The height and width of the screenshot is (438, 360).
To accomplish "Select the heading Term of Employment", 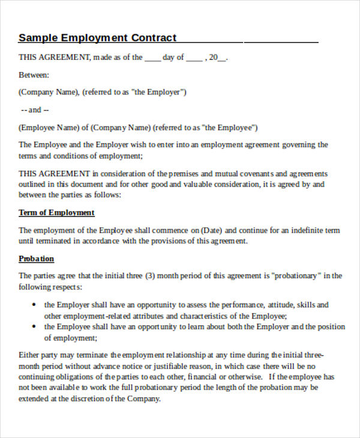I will tap(56, 212).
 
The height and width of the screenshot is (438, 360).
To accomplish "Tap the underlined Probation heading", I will tap(36, 259).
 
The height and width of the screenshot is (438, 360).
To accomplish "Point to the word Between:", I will tap(34, 75).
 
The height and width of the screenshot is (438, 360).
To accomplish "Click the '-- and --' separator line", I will tap(35, 110).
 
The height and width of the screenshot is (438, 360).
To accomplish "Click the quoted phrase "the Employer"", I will tap(164, 92).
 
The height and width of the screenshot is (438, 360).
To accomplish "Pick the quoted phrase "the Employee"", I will tap(230, 127).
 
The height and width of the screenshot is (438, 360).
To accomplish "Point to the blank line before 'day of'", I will tap(152, 58).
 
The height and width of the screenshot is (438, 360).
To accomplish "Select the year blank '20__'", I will tap(218, 58).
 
